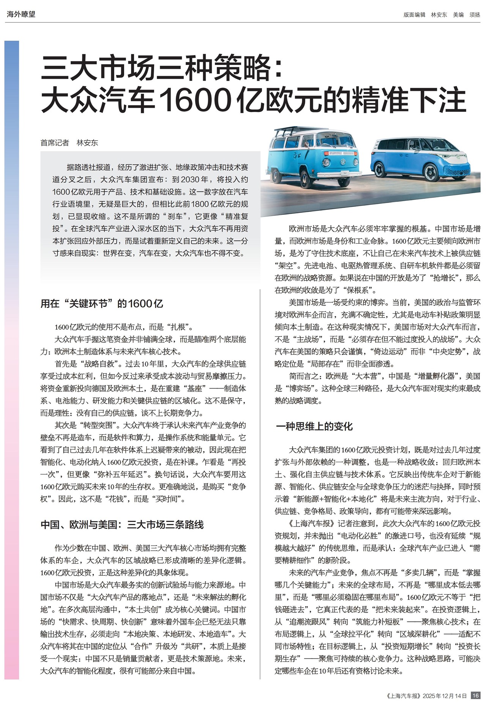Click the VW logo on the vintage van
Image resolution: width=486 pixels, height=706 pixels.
(342, 162)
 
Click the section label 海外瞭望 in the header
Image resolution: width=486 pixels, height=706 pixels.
(21, 14)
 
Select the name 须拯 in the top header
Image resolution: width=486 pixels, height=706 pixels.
(475, 15)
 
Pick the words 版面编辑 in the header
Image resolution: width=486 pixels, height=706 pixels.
(414, 15)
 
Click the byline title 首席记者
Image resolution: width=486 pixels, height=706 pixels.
(55, 143)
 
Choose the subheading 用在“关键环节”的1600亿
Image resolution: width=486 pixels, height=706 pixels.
(102, 303)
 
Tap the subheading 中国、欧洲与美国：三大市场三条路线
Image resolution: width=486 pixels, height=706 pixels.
(122, 525)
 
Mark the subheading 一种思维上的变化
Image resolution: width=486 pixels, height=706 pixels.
(314, 426)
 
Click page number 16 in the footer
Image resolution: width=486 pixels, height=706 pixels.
(475, 695)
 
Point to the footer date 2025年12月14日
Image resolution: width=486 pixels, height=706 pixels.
(445, 696)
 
